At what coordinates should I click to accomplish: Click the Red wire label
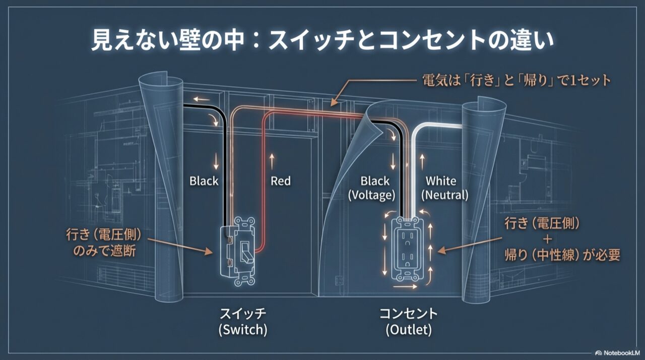(281, 181)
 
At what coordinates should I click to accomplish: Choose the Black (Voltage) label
(375, 187)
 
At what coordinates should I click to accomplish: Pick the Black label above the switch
(204, 181)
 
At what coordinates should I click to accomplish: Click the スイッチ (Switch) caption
(242, 321)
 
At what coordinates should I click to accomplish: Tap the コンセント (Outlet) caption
(409, 321)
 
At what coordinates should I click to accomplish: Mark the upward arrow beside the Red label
(272, 161)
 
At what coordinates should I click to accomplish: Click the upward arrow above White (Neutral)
(423, 161)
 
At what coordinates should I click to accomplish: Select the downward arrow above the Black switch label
(217, 161)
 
